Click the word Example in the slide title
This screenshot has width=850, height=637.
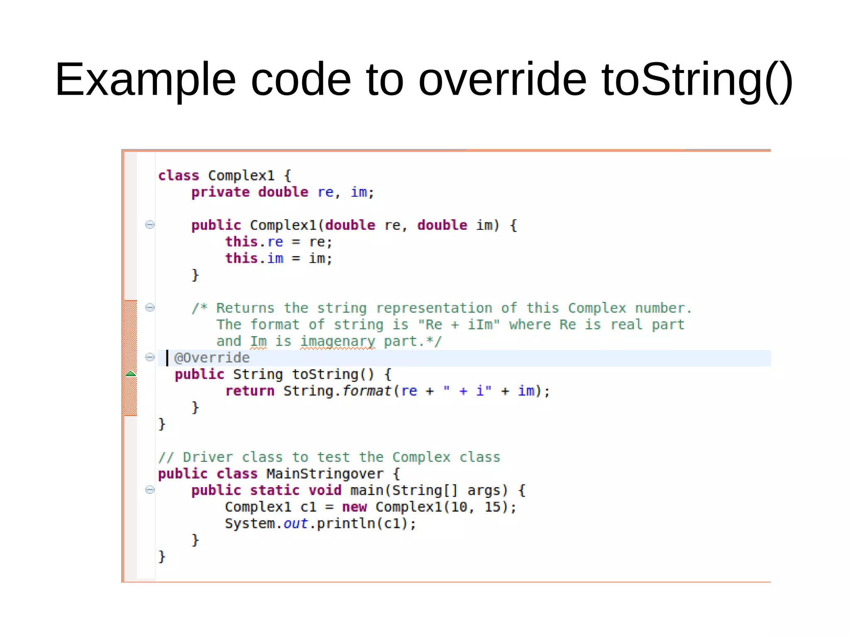pos(145,80)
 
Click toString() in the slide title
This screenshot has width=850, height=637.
pos(697,80)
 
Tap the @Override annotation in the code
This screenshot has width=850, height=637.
pos(212,358)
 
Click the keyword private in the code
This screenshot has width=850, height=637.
pos(220,192)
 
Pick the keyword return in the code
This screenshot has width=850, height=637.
pos(250,391)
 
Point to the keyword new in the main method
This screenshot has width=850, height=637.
pos(354,507)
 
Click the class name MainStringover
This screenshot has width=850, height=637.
pos(325,474)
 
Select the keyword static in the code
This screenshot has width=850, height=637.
pos(274,491)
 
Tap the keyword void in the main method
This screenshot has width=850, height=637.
pos(325,491)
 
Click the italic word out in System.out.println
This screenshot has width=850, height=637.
pos(296,524)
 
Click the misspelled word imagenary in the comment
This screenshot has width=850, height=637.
pos(337,342)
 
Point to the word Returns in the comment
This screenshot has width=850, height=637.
pos(245,308)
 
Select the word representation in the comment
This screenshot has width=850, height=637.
pos(434,308)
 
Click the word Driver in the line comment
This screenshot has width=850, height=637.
pos(208,457)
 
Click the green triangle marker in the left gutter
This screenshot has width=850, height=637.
pos(131,374)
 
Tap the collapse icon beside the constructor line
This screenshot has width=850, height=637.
pos(150,225)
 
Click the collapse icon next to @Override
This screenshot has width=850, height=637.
pos(150,357)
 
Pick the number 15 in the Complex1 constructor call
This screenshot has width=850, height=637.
pos(493,507)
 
